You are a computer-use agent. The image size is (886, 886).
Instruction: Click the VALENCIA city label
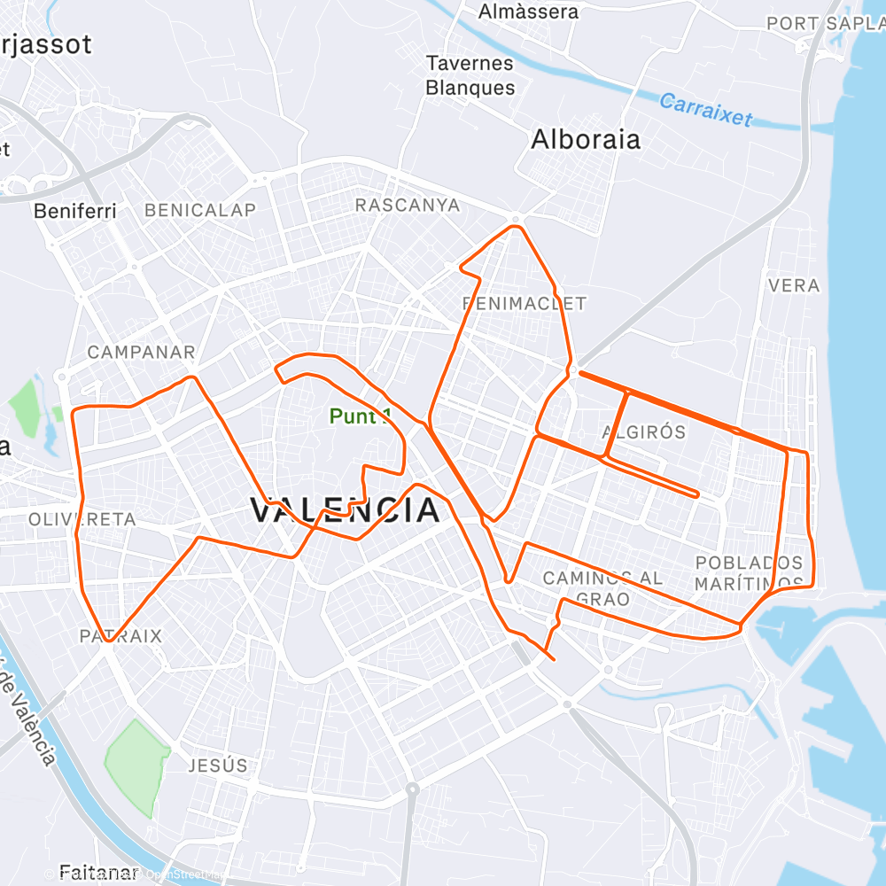(x=345, y=511)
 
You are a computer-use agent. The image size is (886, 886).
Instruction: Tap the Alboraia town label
(x=585, y=140)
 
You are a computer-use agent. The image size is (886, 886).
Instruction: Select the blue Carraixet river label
(x=705, y=110)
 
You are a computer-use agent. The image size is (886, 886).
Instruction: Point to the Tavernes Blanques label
(x=470, y=75)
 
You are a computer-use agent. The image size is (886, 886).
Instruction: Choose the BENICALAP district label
(x=199, y=210)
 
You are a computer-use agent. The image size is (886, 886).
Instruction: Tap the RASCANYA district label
(x=408, y=206)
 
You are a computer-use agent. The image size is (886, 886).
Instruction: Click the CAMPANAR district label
(x=141, y=353)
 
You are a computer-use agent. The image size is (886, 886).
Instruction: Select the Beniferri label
(x=75, y=212)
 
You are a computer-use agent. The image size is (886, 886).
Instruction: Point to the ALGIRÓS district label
(x=644, y=432)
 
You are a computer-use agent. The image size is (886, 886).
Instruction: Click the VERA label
(x=794, y=286)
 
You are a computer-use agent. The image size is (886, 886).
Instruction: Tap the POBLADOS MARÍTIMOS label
(x=749, y=573)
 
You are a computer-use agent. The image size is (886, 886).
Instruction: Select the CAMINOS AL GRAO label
(x=602, y=588)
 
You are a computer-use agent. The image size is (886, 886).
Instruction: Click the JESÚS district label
(x=218, y=766)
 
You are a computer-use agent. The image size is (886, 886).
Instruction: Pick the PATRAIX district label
(x=120, y=636)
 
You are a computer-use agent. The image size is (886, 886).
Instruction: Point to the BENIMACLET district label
(x=525, y=304)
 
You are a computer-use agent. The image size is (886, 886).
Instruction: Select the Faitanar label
(x=95, y=872)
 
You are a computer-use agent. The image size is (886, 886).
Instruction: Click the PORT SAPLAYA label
(x=824, y=23)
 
